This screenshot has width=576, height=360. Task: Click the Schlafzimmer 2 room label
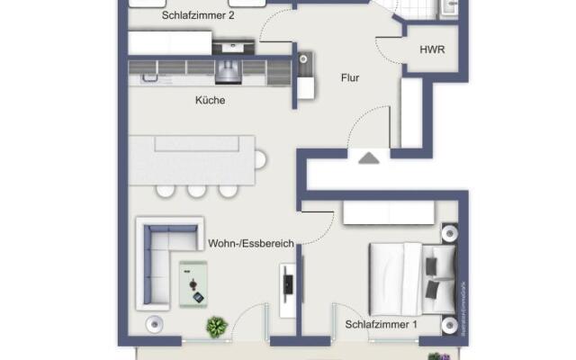click(198, 16)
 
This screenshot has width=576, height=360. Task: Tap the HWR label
click(432, 50)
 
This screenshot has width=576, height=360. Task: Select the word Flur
click(350, 78)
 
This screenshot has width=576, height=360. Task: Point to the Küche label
click(210, 101)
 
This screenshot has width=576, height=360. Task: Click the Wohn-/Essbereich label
click(251, 243)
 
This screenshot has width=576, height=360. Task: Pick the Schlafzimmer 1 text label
click(381, 324)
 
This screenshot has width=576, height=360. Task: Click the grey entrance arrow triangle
click(369, 158)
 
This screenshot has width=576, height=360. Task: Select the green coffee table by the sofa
click(193, 282)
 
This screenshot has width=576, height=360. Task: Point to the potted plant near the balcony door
click(216, 326)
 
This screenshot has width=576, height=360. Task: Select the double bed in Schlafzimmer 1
click(409, 272)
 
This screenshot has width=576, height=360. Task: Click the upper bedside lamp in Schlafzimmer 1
click(448, 234)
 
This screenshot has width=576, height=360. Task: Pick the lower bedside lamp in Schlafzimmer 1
click(448, 324)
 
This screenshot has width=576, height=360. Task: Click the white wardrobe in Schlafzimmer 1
click(389, 213)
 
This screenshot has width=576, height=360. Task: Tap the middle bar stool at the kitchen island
click(196, 190)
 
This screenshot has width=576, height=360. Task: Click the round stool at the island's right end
click(261, 160)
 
